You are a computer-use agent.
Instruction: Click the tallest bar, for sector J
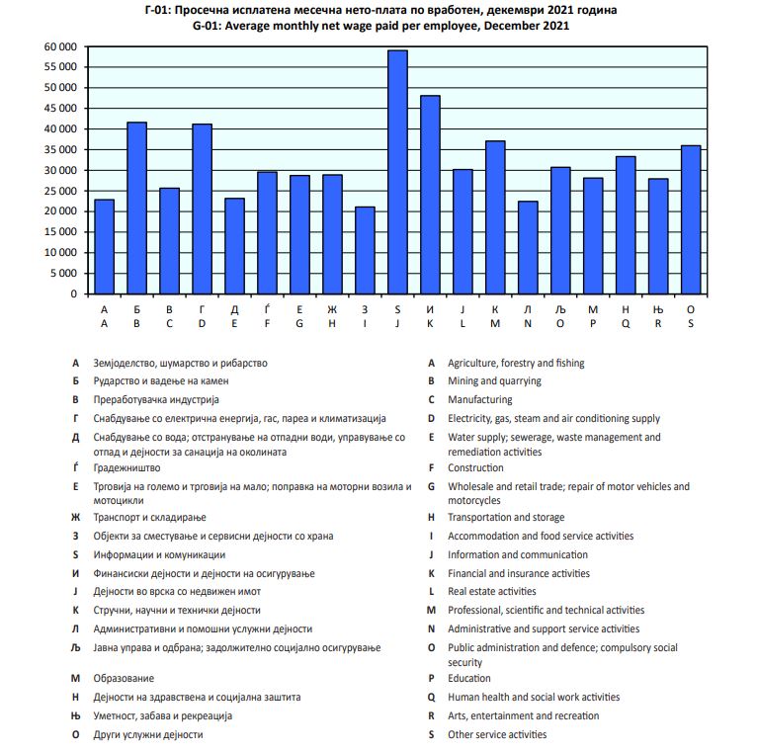click(x=397, y=173)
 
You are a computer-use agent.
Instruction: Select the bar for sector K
click(x=430, y=195)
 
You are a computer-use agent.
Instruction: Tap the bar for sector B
click(x=136, y=208)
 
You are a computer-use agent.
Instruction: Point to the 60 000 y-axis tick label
click(x=60, y=46)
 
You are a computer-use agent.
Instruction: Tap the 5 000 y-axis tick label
click(x=63, y=273)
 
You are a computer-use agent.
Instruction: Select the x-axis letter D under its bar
click(x=202, y=323)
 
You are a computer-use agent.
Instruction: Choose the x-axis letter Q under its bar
click(x=626, y=323)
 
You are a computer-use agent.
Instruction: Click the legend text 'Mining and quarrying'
click(x=494, y=380)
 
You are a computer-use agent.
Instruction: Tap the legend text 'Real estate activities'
click(x=492, y=591)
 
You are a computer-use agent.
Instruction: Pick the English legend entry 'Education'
click(x=469, y=678)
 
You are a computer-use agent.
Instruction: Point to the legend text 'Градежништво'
click(x=126, y=467)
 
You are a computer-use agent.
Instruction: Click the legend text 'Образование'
click(x=124, y=678)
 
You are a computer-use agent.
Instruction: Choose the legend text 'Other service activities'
click(x=497, y=734)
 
